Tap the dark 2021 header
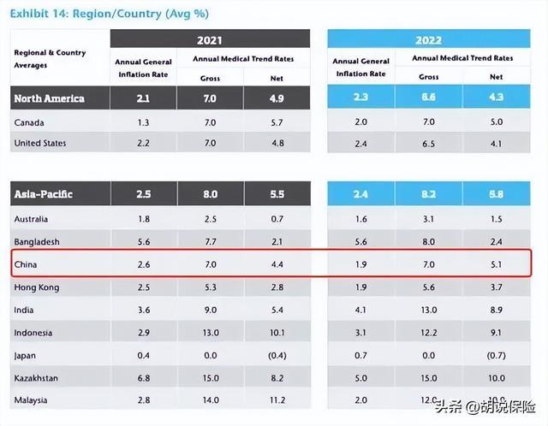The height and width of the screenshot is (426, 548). (210, 39)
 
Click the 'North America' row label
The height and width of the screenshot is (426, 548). (49, 98)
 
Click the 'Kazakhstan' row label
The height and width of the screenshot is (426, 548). (38, 377)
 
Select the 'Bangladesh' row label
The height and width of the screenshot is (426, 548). (38, 242)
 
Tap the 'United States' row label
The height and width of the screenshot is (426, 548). (40, 143)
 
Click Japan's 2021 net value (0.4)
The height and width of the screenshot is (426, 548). (277, 355)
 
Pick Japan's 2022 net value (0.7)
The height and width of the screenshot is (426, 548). (496, 355)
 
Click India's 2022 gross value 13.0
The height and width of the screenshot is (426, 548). (430, 310)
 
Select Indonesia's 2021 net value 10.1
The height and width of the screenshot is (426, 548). (277, 332)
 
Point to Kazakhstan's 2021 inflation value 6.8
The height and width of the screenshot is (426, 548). (143, 377)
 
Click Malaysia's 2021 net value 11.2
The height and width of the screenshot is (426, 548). (277, 399)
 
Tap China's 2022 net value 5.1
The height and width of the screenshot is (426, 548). (496, 265)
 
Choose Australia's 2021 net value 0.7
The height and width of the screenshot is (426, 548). (277, 220)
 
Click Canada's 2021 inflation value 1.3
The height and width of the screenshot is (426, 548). (143, 121)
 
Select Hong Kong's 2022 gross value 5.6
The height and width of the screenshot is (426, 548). (430, 287)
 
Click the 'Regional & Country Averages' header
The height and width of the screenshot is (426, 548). (50, 58)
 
